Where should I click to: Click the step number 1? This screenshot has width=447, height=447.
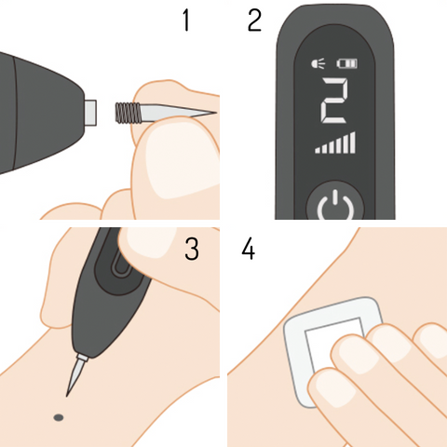(x=186, y=20)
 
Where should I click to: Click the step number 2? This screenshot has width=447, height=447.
(x=254, y=20)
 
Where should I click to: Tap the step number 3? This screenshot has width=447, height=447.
(x=192, y=249)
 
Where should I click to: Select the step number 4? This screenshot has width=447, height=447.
(x=249, y=249)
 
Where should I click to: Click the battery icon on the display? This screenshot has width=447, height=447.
(x=347, y=63)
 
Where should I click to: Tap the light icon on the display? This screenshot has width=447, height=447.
(x=318, y=63)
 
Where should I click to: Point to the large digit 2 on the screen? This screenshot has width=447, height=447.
(x=334, y=101)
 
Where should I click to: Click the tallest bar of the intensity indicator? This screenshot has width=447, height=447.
(x=352, y=142)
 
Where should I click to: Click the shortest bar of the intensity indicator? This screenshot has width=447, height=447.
(x=318, y=151)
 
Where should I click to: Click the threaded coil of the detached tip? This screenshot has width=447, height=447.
(x=129, y=113)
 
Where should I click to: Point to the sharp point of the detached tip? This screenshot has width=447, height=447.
(x=216, y=113)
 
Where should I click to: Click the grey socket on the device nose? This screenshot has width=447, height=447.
(x=90, y=113)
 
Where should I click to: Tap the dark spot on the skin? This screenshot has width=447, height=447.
(x=59, y=417)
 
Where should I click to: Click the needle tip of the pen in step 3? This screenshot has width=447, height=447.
(x=67, y=396)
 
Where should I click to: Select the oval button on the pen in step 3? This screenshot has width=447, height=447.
(x=120, y=263)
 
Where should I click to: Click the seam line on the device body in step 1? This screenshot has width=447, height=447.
(x=14, y=114)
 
